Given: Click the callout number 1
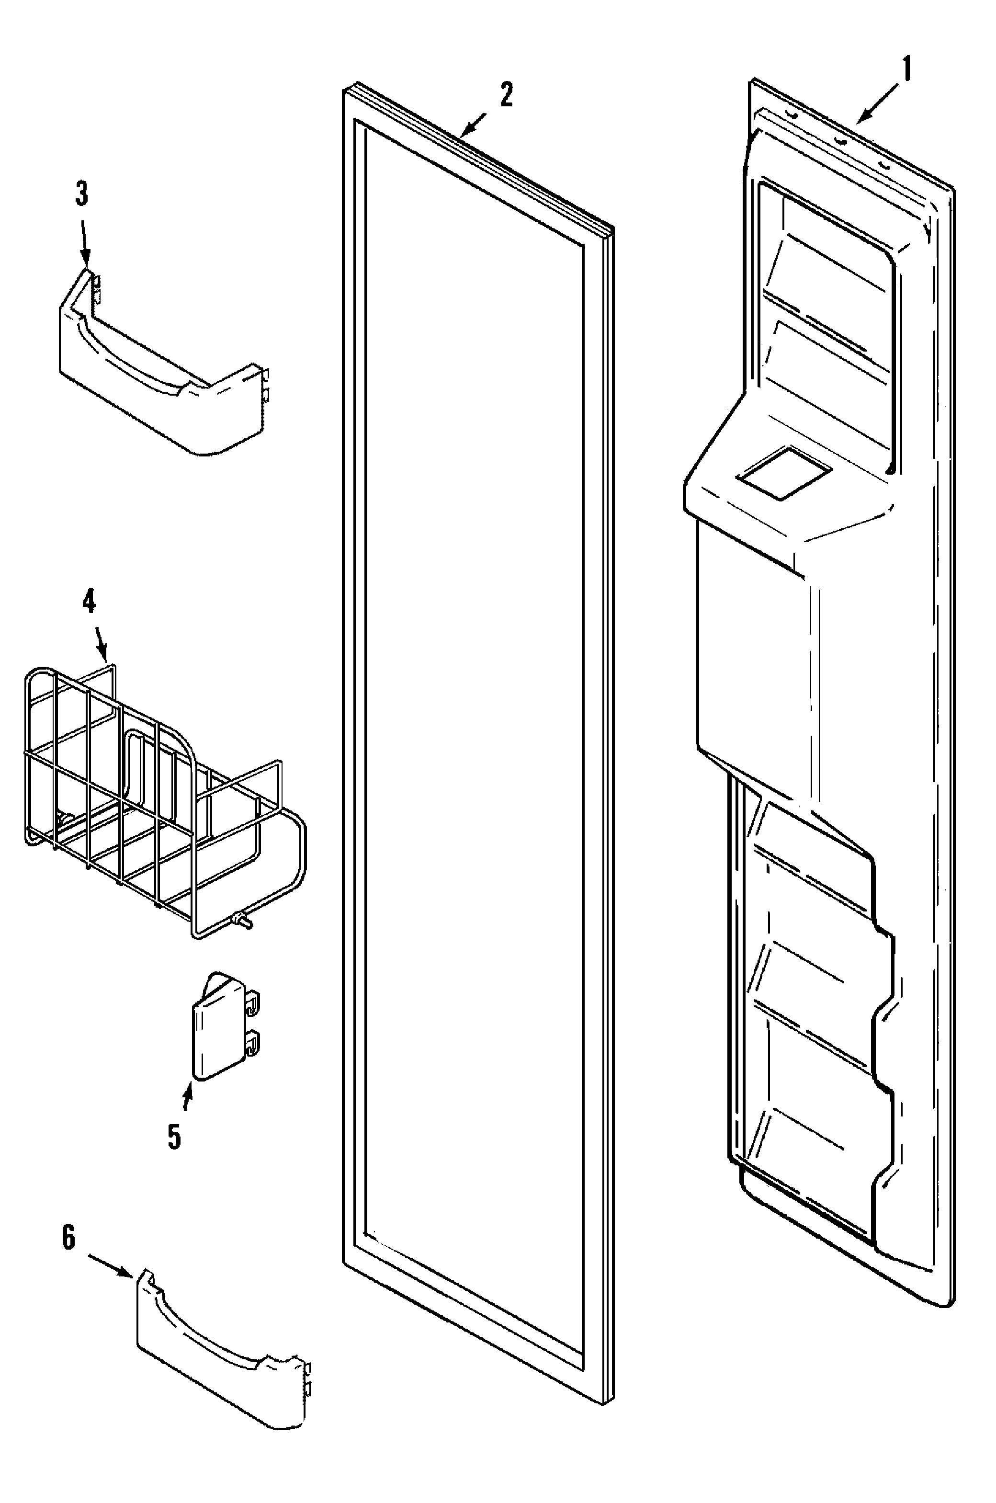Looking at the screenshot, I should coord(906,70).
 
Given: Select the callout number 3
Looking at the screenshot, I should coord(82,194).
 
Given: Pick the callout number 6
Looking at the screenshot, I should coord(68,1238).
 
